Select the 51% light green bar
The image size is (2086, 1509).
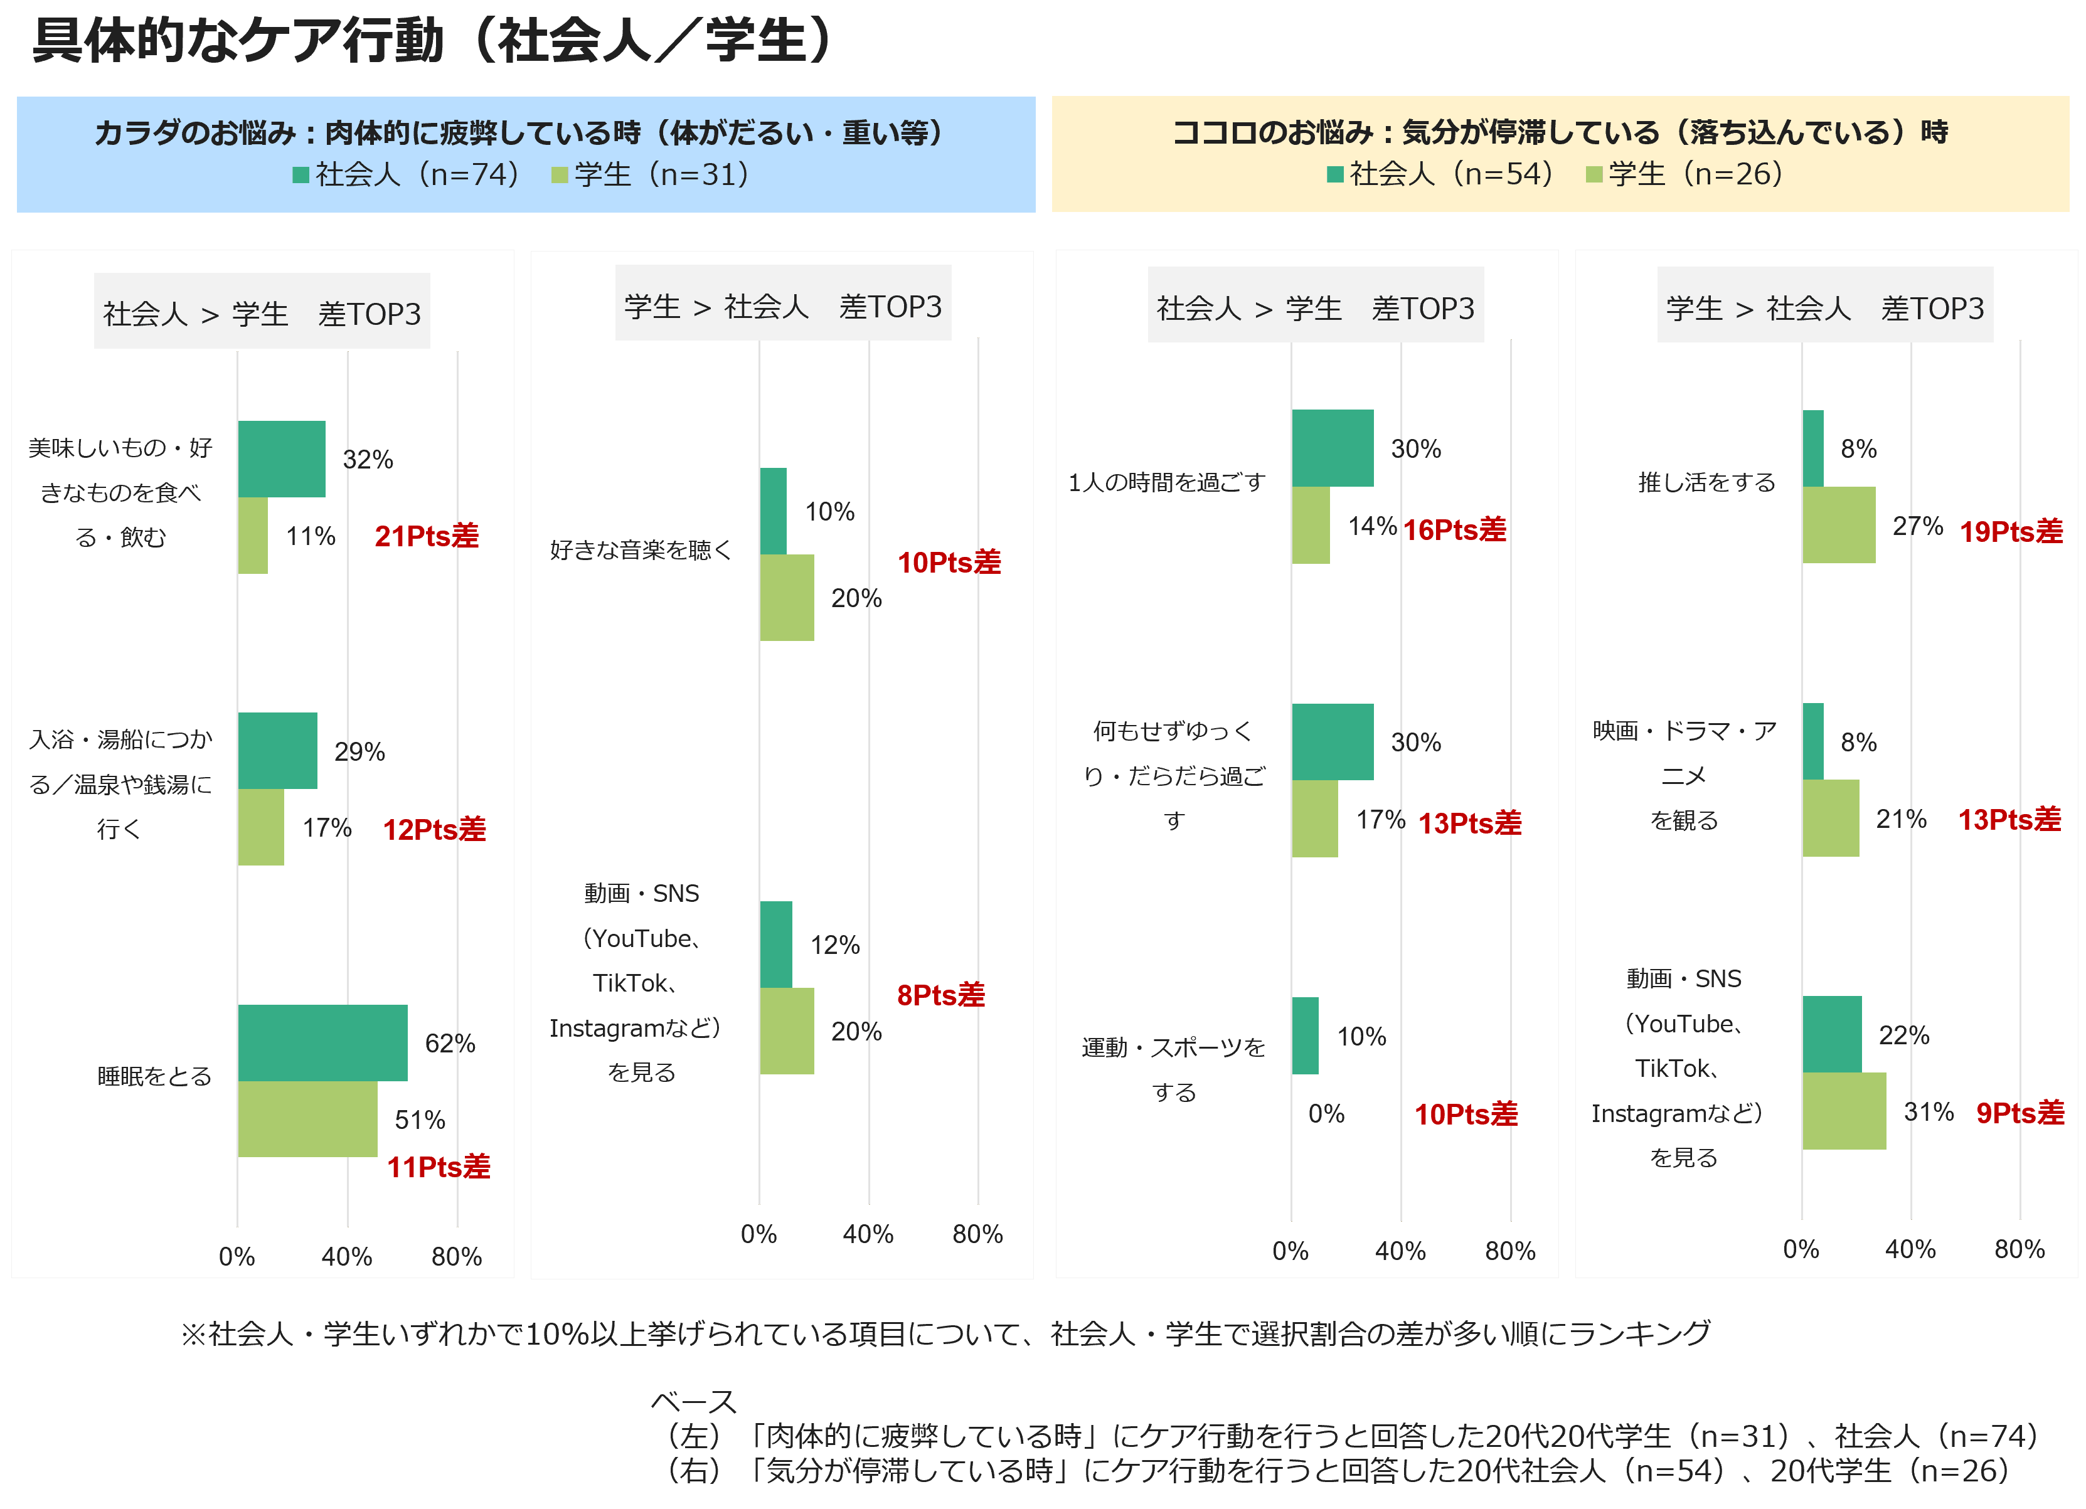click(307, 1119)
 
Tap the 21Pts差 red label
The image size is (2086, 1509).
click(427, 536)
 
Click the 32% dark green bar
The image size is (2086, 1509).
click(282, 459)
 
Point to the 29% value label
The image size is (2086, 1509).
click(359, 752)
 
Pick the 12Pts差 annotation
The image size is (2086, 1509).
click(434, 829)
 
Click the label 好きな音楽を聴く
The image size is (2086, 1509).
click(641, 550)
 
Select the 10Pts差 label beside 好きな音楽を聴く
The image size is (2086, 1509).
click(949, 562)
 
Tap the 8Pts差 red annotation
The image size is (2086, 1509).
click(941, 995)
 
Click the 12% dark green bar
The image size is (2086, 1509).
click(776, 945)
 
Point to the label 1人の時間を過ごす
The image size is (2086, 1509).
click(1166, 483)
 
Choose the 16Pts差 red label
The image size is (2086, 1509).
click(1455, 530)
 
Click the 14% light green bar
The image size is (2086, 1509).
click(1311, 525)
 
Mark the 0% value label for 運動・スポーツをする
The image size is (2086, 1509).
click(1326, 1114)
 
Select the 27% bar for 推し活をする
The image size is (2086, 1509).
click(1839, 525)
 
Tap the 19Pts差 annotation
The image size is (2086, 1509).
click(2011, 531)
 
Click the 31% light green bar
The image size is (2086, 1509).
click(1844, 1111)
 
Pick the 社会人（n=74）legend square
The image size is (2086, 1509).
click(300, 175)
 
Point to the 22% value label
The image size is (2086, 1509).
click(1904, 1035)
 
